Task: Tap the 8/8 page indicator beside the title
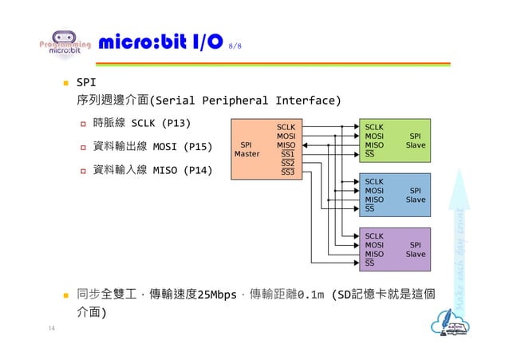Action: click(x=235, y=45)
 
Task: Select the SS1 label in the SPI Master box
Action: click(x=287, y=154)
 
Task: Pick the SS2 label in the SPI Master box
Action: click(x=287, y=163)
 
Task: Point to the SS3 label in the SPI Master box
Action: click(x=287, y=172)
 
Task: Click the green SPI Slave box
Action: click(x=396, y=140)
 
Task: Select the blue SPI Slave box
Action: click(x=396, y=195)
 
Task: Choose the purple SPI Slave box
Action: click(x=396, y=250)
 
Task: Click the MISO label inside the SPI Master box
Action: click(x=286, y=145)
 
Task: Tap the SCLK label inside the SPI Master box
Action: click(x=286, y=127)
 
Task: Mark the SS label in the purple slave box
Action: click(x=369, y=263)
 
